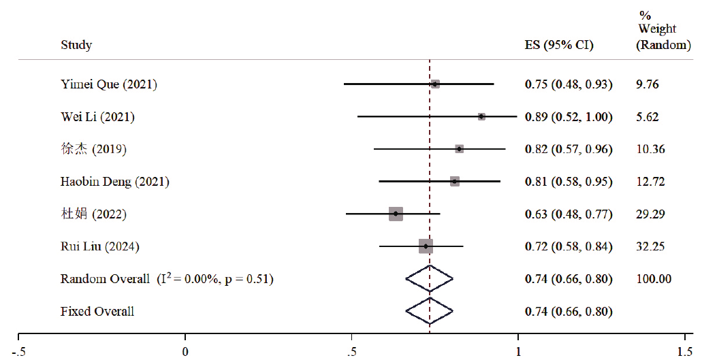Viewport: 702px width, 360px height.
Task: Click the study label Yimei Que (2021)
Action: tap(109, 84)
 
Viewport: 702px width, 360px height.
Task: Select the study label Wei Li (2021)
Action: tap(97, 117)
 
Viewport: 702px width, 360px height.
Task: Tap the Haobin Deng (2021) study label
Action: tap(114, 182)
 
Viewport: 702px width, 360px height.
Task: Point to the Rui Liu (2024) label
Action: tap(99, 246)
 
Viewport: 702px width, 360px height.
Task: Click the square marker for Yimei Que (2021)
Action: tap(435, 84)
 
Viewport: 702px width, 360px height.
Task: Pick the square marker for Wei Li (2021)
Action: tap(481, 116)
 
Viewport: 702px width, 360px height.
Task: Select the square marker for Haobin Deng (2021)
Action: tap(455, 181)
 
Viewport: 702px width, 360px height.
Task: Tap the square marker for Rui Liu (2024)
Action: tap(426, 246)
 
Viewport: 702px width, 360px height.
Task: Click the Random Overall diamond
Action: tap(429, 278)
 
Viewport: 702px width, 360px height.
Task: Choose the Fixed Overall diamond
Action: tap(429, 311)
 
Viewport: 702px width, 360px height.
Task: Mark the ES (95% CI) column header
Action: tap(559, 46)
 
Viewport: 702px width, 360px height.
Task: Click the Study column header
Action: tap(76, 46)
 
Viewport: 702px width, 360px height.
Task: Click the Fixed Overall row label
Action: tap(97, 311)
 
